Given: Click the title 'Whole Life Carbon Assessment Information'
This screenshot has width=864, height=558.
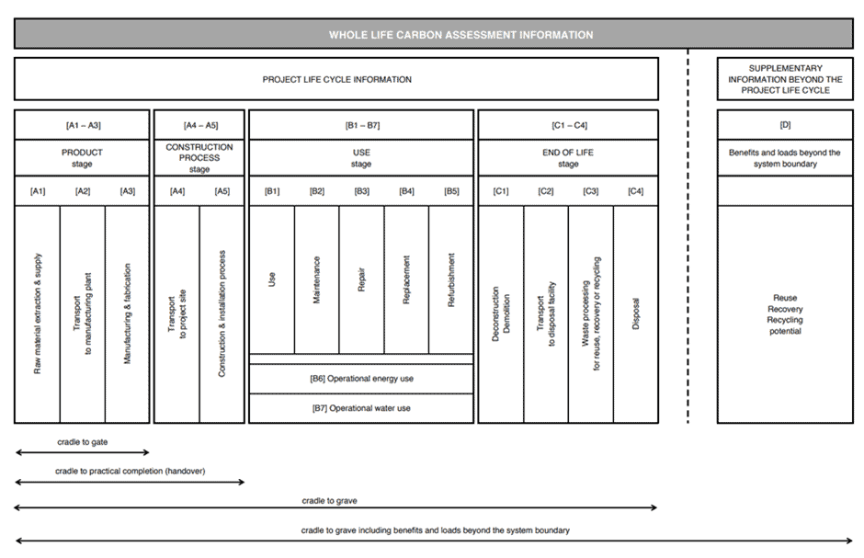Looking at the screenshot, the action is tap(461, 35).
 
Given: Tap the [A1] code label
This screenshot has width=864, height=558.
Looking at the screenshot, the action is tap(38, 191).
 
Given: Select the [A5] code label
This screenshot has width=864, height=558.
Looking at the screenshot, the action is tap(222, 191).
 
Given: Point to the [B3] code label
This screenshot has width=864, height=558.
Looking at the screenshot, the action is tap(361, 191).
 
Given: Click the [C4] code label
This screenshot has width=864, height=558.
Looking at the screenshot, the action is tap(635, 191).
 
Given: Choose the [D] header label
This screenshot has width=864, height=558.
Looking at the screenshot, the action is tap(785, 125).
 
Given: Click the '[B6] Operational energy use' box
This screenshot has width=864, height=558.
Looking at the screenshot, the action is tap(361, 379).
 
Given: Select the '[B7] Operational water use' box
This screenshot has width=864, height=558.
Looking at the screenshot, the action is tap(361, 408).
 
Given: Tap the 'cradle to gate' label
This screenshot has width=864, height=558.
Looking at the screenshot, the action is tap(82, 442).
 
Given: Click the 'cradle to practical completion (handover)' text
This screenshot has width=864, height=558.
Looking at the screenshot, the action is tap(130, 471).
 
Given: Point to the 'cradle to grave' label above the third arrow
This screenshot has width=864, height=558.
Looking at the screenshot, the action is tap(329, 501).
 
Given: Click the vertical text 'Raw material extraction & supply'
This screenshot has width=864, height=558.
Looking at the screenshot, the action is tap(38, 313).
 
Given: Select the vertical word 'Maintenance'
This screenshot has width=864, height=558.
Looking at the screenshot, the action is tap(316, 279).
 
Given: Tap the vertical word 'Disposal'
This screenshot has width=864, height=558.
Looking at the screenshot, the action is tap(635, 314).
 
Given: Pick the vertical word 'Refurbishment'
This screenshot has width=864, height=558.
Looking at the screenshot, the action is tap(451, 279).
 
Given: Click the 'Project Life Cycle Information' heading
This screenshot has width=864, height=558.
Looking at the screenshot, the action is tap(336, 79).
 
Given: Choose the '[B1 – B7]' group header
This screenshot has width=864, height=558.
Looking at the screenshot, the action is tap(362, 125).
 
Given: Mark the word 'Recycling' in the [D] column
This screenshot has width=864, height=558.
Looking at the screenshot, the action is tap(785, 320).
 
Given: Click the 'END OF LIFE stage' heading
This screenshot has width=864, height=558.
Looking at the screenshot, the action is tap(568, 158).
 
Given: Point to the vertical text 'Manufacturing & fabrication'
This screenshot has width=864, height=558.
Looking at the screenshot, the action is tap(127, 313).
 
